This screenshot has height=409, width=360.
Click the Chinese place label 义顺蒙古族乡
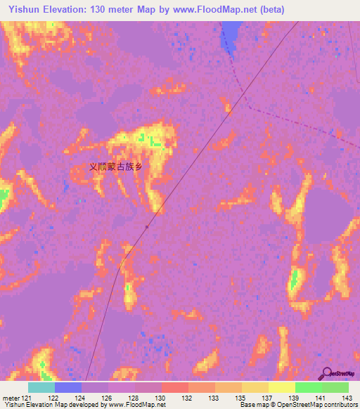tap(117, 167)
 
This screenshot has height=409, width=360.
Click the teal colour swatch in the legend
tap(41, 387)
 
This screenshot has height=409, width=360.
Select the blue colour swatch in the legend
tap(68, 387)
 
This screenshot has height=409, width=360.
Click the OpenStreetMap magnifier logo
tap(328, 373)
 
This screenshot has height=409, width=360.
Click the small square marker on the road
tap(146, 226)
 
